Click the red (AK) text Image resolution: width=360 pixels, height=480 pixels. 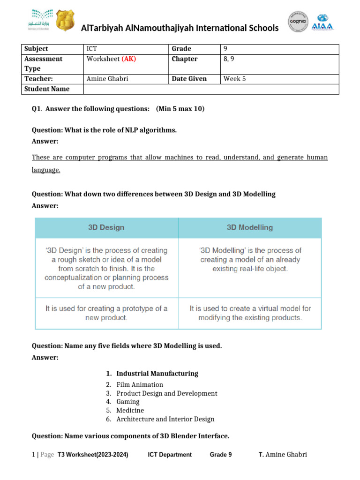pyautogui.click(x=129, y=59)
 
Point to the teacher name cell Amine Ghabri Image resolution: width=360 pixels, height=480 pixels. pyautogui.click(x=107, y=79)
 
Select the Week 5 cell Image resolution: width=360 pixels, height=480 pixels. pyautogui.click(x=235, y=79)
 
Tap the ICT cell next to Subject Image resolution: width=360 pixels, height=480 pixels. pyautogui.click(x=92, y=49)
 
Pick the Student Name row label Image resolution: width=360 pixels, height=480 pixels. pyautogui.click(x=47, y=89)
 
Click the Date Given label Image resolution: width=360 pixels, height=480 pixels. pyautogui.click(x=189, y=79)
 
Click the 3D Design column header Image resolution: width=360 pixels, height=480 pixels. pyautogui.click(x=106, y=227)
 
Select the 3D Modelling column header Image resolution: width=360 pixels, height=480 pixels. pyautogui.click(x=250, y=227)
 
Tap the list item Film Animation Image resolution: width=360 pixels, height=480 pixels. pyautogui.click(x=140, y=385)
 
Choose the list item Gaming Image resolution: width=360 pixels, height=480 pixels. pyautogui.click(x=128, y=402)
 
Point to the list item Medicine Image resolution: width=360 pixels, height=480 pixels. pyautogui.click(x=130, y=410)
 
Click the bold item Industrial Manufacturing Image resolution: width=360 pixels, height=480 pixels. pyautogui.click(x=157, y=374)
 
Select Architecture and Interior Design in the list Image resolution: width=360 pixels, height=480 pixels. pyautogui.click(x=165, y=419)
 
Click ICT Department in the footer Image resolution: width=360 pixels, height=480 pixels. pyautogui.click(x=170, y=455)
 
